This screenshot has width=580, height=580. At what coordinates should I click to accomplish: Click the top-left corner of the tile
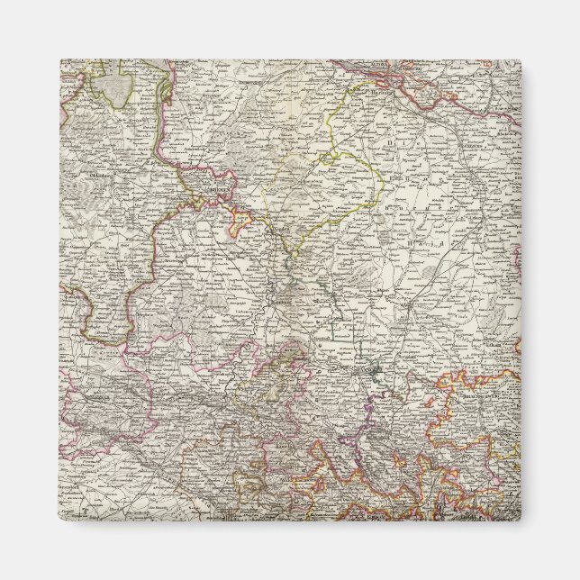(x=60, y=60)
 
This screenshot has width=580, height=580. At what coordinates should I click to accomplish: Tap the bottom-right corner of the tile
(x=520, y=520)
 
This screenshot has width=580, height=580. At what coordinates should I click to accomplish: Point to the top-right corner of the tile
(x=520, y=60)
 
